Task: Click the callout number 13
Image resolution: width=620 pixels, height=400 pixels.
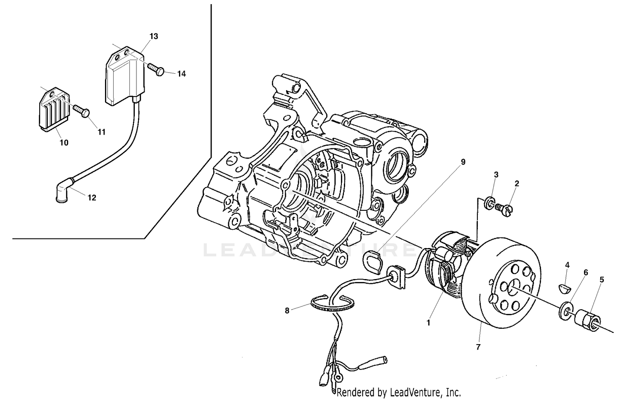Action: [x=153, y=36]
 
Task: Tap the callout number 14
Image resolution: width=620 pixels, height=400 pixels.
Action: [x=181, y=74]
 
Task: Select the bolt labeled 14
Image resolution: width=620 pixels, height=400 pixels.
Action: [x=157, y=70]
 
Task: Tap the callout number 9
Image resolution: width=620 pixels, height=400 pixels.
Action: [x=463, y=162]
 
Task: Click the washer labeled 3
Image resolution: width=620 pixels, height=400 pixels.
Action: [x=489, y=203]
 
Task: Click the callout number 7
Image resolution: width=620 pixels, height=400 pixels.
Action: [x=478, y=347]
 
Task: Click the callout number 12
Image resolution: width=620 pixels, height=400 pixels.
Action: [x=92, y=198]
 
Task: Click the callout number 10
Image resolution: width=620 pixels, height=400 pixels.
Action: [x=64, y=143]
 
